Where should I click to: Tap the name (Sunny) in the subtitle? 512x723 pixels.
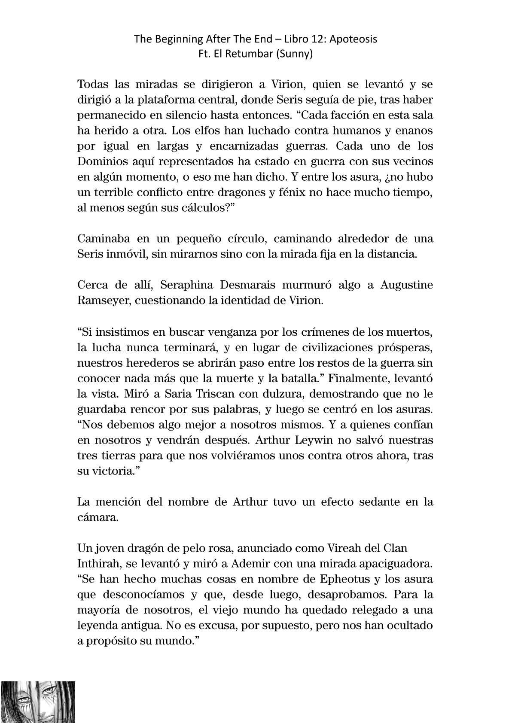click(297, 55)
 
